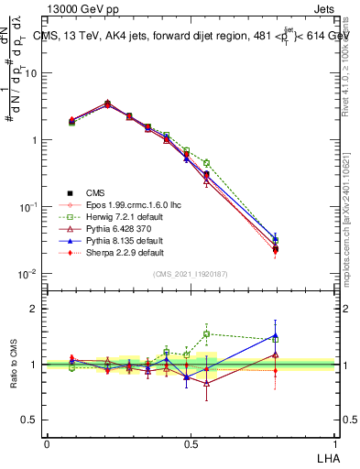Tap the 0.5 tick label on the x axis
pyautogui.click(x=191, y=442)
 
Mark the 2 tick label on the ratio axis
pyautogui.click(x=34, y=310)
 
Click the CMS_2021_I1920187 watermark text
pyautogui.click(x=190, y=275)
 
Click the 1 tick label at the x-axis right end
pyautogui.click(x=334, y=442)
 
